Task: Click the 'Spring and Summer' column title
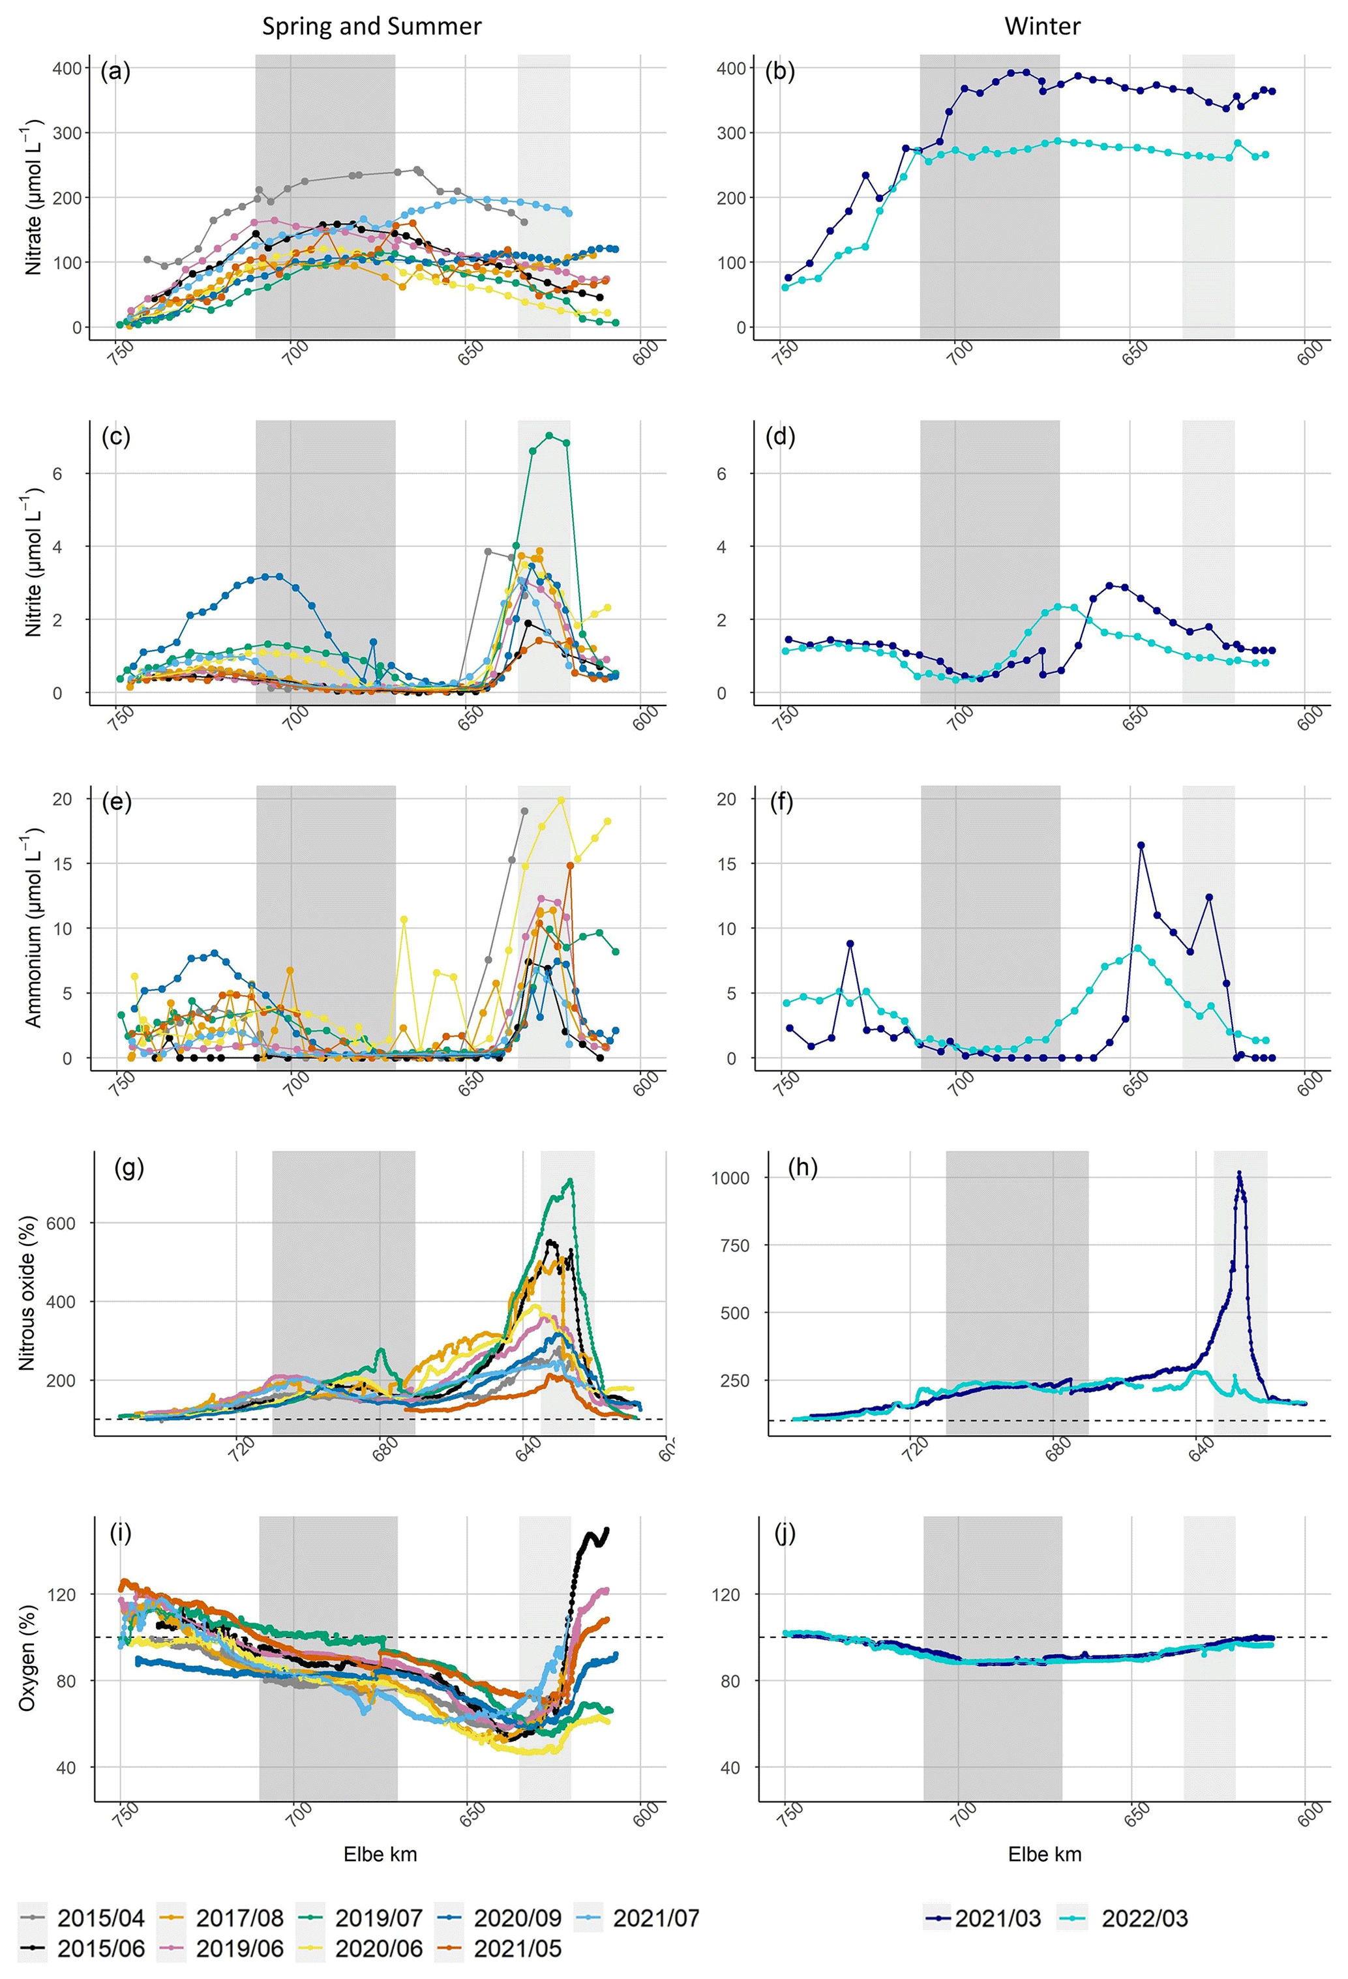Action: point(371,26)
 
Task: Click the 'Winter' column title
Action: point(1041,26)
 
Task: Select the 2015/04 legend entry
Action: point(82,1918)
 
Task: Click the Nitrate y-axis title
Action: point(33,198)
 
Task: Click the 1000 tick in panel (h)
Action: point(730,1178)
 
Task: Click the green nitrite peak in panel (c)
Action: point(549,435)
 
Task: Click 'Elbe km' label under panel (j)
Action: point(1044,1854)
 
